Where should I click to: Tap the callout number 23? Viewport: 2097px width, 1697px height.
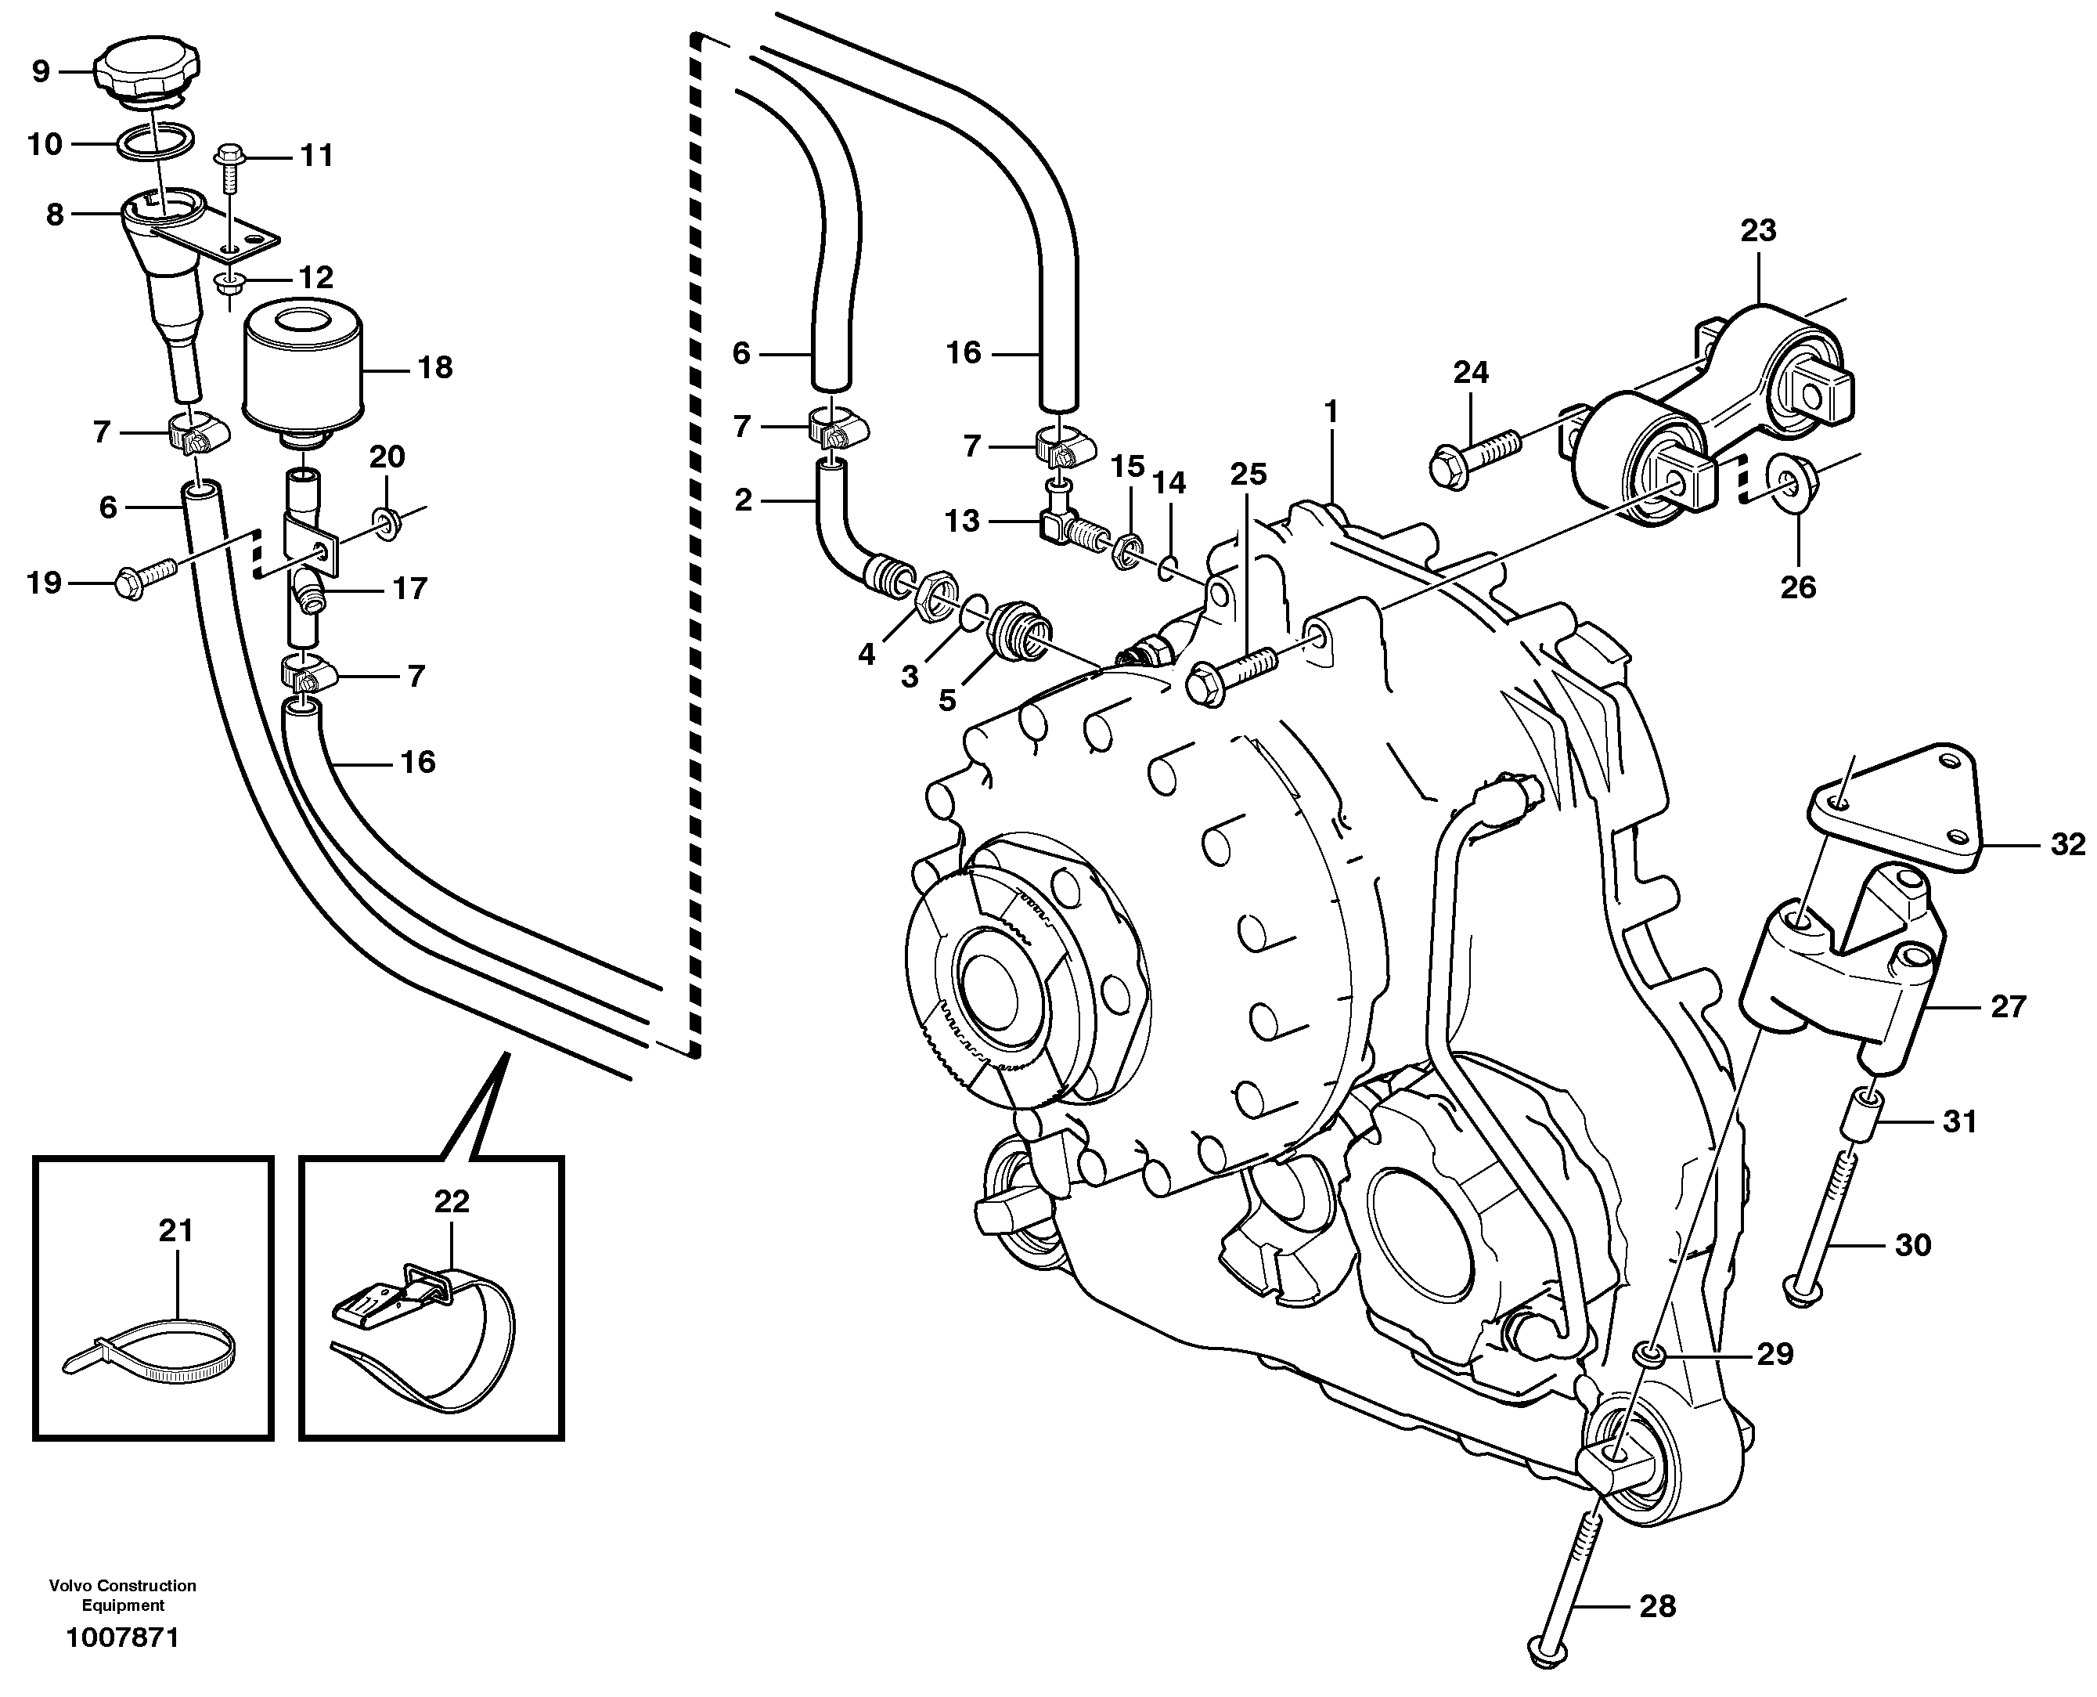point(1758,231)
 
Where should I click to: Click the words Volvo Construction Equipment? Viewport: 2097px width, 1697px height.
point(123,1595)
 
